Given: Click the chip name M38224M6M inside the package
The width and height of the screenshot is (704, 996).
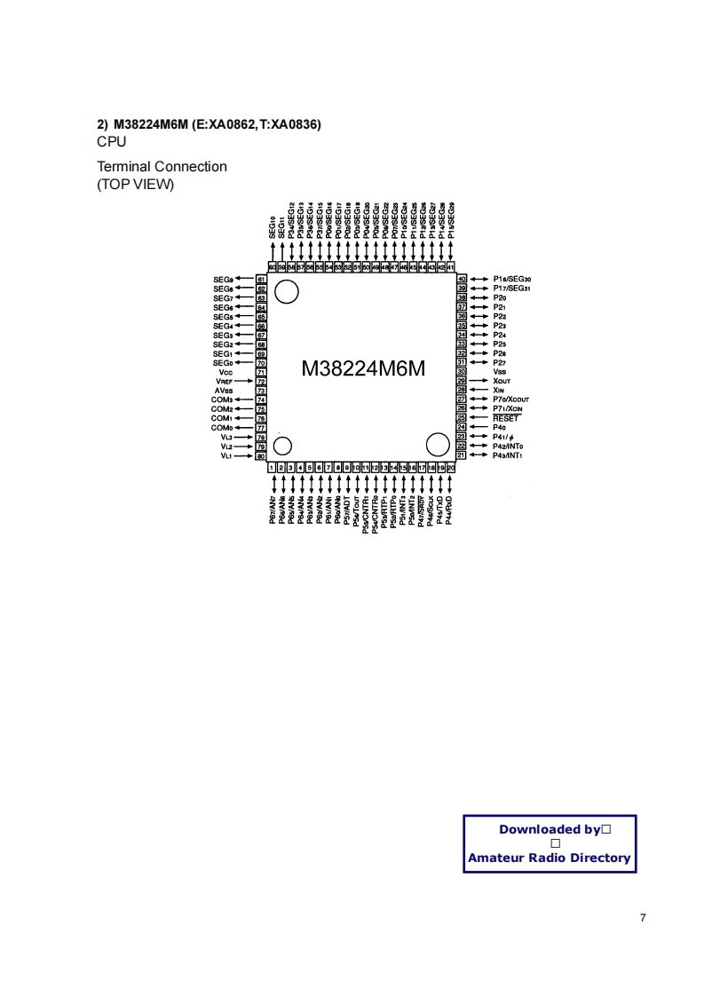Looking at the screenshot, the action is pos(364,368).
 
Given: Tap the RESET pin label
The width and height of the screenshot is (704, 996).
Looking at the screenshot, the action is pos(505,418).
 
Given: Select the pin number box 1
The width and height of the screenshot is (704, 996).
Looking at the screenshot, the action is pos(272,467).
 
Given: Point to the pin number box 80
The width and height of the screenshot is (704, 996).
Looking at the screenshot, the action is pos(261,455).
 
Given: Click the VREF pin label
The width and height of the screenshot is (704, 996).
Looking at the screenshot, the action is pos(224,382).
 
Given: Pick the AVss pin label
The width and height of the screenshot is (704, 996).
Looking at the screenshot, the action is pos(223,391).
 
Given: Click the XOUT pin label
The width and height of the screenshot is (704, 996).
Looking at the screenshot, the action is pos(502,381).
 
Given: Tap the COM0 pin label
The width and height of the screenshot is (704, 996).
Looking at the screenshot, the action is pos(221,428).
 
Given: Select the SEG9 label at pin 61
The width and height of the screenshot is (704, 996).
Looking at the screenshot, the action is pos(223,279).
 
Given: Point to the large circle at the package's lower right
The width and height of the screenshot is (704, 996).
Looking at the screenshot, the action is pos(438,444).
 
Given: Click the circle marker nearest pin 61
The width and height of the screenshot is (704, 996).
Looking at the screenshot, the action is pos(287,291).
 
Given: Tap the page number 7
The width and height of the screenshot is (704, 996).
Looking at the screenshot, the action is pos(643,918).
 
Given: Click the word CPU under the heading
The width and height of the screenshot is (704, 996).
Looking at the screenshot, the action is pos(112,142).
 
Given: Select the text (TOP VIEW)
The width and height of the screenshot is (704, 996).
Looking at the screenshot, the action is pos(135,185).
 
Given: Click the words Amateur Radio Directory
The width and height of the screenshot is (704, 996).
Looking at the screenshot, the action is pos(549,858).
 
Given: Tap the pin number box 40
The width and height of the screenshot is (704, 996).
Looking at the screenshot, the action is pos(462,279).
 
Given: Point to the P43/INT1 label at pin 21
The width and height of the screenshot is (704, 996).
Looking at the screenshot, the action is pos(507,455).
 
